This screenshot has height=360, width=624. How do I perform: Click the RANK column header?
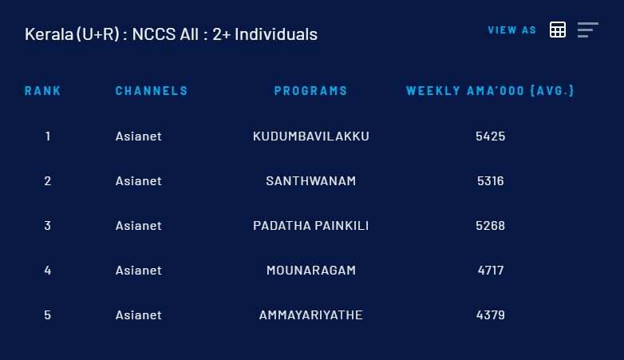(x=42, y=91)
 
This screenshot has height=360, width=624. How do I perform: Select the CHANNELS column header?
(x=152, y=91)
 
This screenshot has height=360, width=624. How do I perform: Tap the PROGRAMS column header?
(x=311, y=91)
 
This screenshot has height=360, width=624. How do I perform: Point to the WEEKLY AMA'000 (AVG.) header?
(x=490, y=91)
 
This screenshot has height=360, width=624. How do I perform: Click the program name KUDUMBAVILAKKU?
(x=311, y=136)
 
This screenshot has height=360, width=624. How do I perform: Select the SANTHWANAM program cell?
(x=311, y=180)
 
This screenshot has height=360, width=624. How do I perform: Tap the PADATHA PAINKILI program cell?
(x=311, y=226)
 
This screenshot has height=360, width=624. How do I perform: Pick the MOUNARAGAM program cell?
(x=311, y=271)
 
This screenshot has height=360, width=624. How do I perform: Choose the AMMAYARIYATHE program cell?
(x=311, y=315)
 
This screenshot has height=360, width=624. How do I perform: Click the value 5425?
(x=490, y=136)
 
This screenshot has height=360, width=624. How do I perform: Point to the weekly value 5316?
(x=490, y=180)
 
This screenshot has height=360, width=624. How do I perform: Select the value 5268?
(x=490, y=226)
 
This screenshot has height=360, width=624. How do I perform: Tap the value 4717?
(x=491, y=271)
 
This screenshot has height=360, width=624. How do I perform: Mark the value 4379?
(x=490, y=315)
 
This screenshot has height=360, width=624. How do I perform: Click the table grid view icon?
(x=558, y=30)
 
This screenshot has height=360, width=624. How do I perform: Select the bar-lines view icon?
(x=588, y=30)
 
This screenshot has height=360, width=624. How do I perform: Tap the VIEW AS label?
(x=512, y=30)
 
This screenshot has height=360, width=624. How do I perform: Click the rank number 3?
(x=48, y=226)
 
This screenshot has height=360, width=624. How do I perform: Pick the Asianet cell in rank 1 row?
(x=139, y=136)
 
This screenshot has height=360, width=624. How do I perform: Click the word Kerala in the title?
(x=49, y=34)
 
